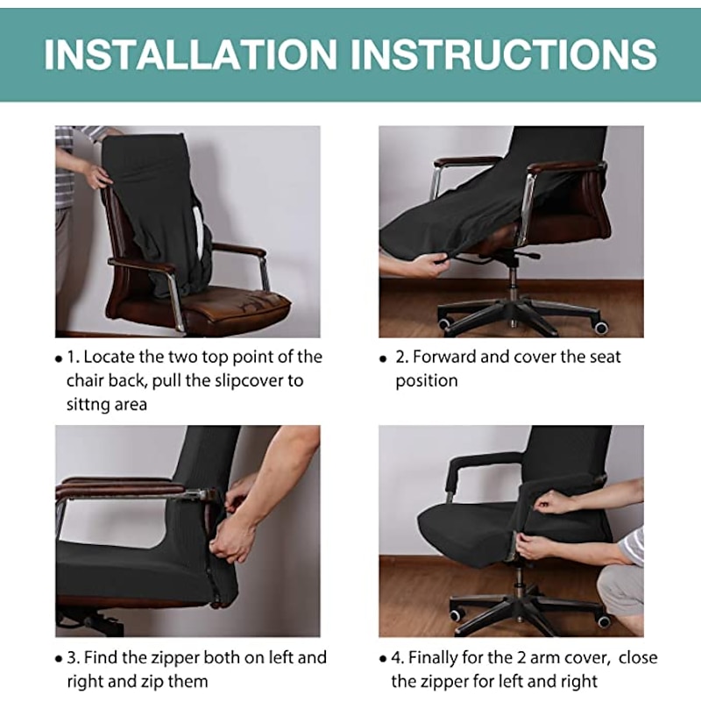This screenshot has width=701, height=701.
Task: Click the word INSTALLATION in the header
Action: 189,54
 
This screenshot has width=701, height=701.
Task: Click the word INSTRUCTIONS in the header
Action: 504,54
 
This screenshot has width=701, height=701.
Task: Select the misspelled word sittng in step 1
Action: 89,405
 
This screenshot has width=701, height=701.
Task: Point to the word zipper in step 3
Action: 173,658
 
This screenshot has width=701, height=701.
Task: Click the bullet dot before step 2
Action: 383,358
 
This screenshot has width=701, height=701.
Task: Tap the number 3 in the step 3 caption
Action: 72,658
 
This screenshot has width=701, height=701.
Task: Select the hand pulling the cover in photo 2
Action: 418,264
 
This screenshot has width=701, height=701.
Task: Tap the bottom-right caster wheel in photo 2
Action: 601,327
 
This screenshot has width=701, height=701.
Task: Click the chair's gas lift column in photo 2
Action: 513,280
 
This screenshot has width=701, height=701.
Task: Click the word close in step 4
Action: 639,658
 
